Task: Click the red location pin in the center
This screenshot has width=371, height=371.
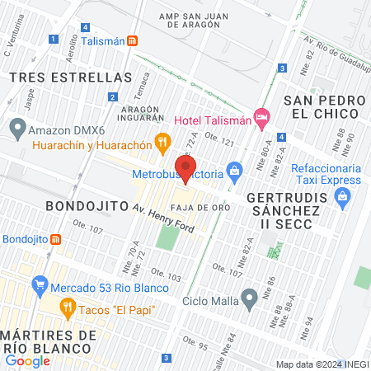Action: pyautogui.click(x=185, y=169)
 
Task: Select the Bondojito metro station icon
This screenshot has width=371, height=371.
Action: pyautogui.click(x=56, y=239)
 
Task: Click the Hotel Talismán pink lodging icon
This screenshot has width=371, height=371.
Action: pyautogui.click(x=261, y=119)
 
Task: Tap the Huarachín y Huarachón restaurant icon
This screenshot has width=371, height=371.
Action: pyautogui.click(x=162, y=142)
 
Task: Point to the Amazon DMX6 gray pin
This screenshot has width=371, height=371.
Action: pyautogui.click(x=16, y=129)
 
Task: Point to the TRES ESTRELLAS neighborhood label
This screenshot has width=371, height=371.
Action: pyautogui.click(x=70, y=77)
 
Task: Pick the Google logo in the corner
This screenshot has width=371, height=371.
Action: pyautogui.click(x=27, y=360)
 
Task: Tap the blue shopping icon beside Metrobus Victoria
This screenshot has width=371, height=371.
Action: pyautogui.click(x=235, y=173)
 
